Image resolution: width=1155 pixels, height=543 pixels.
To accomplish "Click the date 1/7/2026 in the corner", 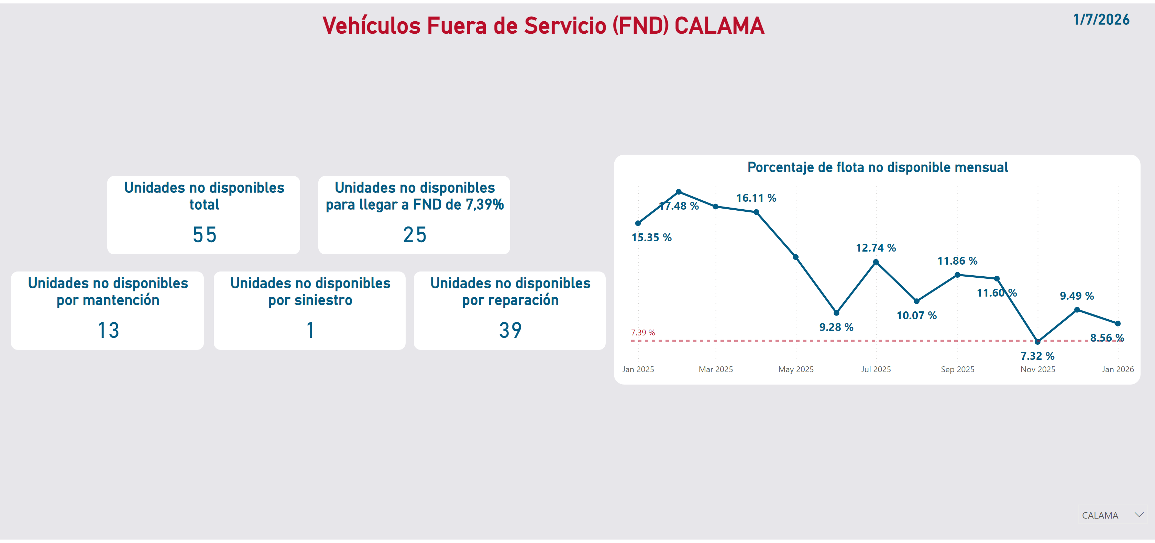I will pos(1101,20).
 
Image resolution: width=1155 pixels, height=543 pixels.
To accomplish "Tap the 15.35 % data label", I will pos(651,237).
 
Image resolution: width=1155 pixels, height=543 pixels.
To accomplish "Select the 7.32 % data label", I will pos(1037,356).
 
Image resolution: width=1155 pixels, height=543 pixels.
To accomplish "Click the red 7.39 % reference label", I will pos(642,333).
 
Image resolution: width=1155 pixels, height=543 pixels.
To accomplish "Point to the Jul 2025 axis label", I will pos(876,369).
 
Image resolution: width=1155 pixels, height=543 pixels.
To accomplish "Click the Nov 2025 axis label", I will pos(1037,369).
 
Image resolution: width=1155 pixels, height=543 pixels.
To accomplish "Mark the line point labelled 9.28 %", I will pos(836,312).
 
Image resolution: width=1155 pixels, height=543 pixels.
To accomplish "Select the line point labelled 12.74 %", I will pos(876,262).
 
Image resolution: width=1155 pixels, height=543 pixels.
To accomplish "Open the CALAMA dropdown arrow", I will pos(1139,515).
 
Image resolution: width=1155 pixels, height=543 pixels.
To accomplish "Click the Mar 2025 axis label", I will pos(716,369).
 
